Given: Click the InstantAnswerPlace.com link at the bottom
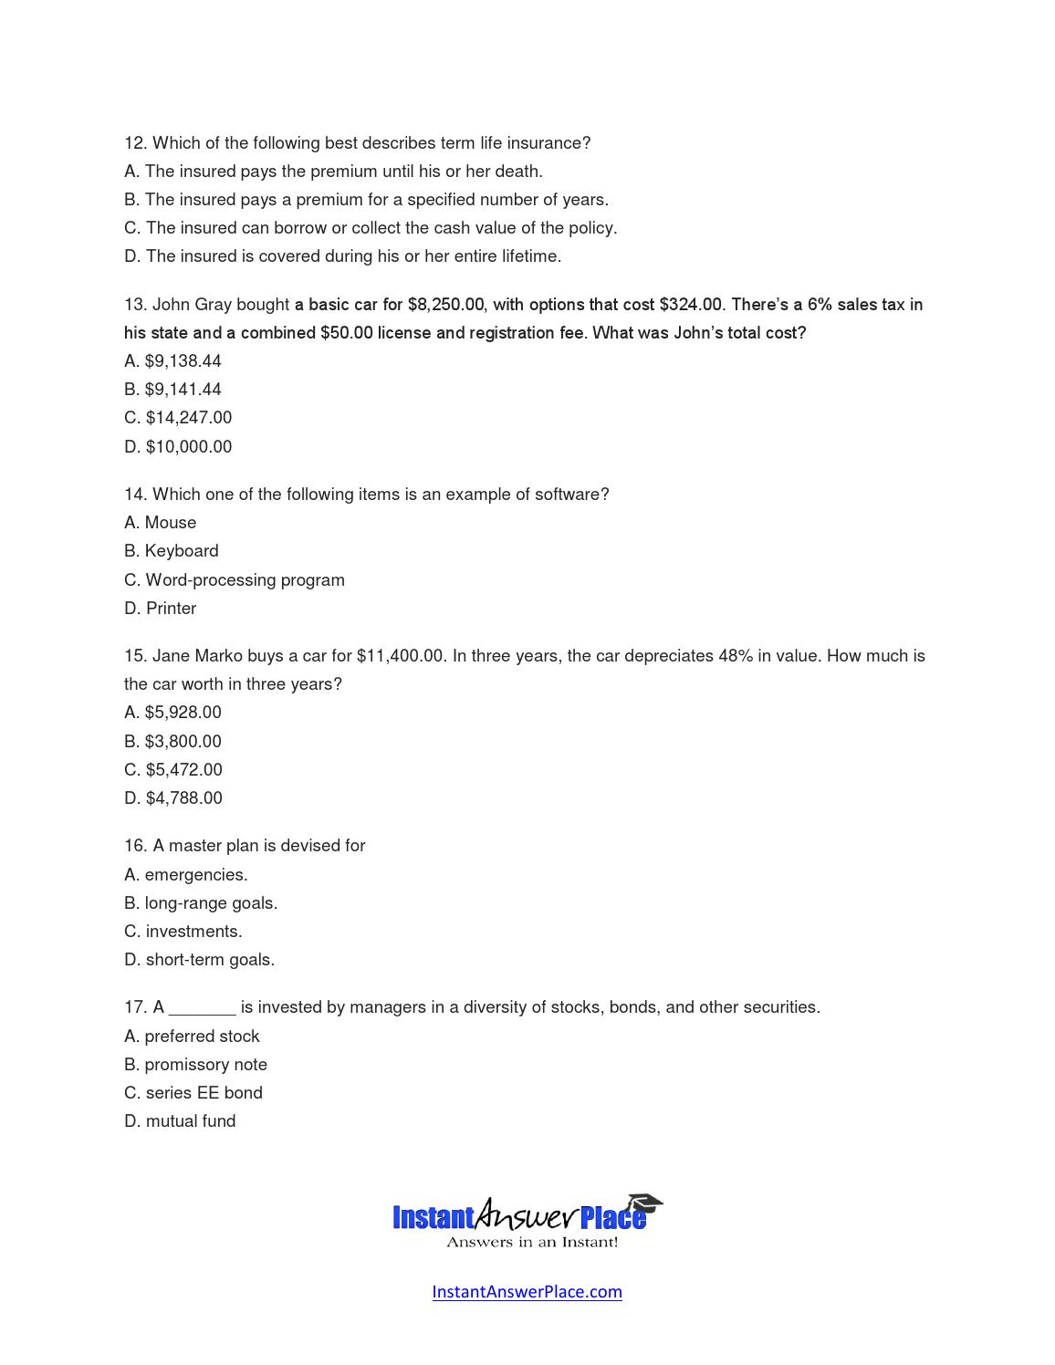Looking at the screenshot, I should coord(527,1291).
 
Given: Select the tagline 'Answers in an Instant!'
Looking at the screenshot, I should coord(531,1242).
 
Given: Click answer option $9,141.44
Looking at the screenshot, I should coord(183,390).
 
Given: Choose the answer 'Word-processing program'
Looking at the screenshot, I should coord(245,580).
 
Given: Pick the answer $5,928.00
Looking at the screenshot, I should coord(183,713).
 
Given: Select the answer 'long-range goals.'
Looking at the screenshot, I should coord(211,903).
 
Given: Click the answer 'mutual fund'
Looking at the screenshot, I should coord(190,1121).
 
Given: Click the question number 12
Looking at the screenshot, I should coord(135,143).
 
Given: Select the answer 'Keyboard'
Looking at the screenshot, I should coord(181,551).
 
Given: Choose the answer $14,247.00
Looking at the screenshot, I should coord(188,418).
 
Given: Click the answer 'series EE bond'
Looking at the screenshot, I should coord(204,1093).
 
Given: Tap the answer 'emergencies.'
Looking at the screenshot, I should coord(195,875).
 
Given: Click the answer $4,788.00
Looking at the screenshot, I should coord(183,798).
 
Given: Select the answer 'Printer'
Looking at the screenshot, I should coord(171,609).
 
